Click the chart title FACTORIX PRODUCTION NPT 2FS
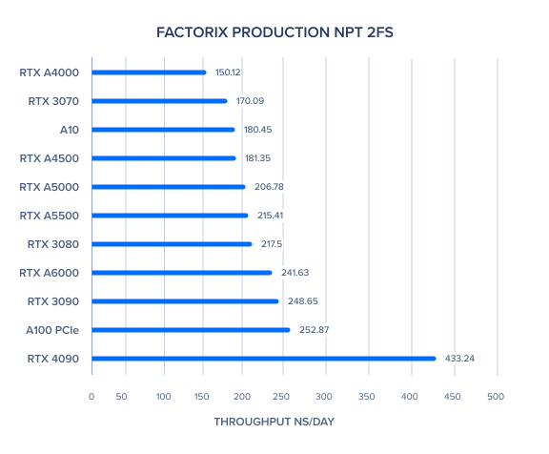(x=274, y=32)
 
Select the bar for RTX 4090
(x=264, y=359)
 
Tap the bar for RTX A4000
(x=149, y=72)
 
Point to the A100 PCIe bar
(x=191, y=330)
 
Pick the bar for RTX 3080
(x=172, y=244)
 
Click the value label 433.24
(x=459, y=359)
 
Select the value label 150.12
(x=228, y=72)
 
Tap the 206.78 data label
(x=269, y=187)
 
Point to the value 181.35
(x=257, y=158)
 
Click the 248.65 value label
(x=303, y=300)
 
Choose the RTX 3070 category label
(x=53, y=101)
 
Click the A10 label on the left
(x=70, y=130)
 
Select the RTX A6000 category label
(x=49, y=273)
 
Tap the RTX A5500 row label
(x=49, y=216)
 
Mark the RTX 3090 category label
(x=53, y=301)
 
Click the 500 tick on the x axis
(x=496, y=396)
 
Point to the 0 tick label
(x=91, y=396)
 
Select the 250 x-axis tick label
(x=281, y=396)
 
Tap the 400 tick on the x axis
(x=409, y=396)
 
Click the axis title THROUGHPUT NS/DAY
(x=274, y=422)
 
